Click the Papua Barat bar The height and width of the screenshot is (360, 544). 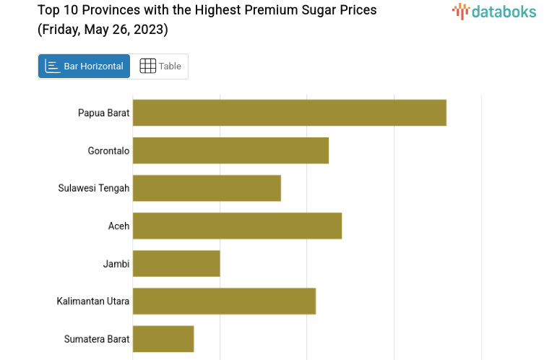pos(289,113)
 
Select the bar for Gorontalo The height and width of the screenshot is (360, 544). pos(230,150)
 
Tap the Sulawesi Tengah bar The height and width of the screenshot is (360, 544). pos(207,188)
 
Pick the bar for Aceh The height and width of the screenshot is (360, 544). pos(237,226)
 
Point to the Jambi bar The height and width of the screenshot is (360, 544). pos(176,263)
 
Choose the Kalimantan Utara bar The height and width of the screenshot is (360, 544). pos(224,301)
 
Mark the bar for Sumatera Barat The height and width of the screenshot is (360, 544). pos(163,338)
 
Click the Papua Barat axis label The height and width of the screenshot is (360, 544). pos(103,113)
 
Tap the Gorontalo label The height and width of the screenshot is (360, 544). pos(108,151)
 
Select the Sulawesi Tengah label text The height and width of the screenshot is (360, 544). pos(94,189)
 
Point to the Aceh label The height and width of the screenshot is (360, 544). pos(118,226)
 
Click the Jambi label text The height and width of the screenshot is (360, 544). pos(116,264)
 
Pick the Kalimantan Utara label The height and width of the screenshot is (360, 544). pos(93,301)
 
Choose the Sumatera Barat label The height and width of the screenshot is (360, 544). pos(97,339)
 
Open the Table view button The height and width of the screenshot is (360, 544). pos(160,67)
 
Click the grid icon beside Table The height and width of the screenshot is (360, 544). pos(147,67)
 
